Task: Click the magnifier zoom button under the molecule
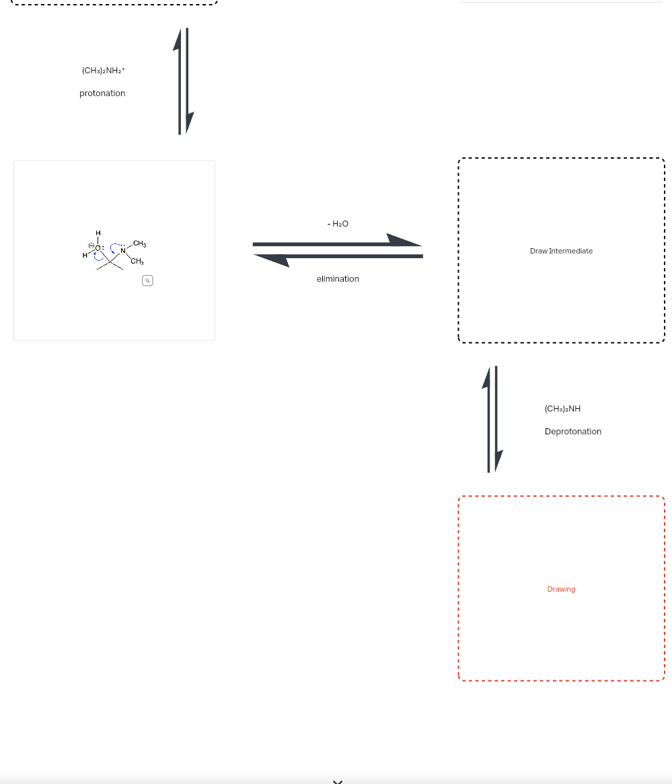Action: pos(147,281)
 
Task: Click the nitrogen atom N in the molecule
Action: pos(123,251)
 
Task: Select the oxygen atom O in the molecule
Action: pos(98,248)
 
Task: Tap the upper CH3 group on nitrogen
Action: pos(140,243)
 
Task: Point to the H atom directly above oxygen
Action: pos(98,233)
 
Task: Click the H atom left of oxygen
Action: pos(85,256)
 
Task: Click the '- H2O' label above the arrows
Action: pos(338,223)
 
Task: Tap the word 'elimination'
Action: pos(338,279)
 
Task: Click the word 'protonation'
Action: pos(102,93)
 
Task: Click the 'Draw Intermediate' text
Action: pos(561,251)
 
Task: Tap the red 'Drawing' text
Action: pos(561,589)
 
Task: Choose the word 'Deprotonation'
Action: pos(573,432)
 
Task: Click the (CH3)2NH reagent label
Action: pos(562,409)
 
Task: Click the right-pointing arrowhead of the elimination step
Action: pos(404,240)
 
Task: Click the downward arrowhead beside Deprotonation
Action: pos(498,460)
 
